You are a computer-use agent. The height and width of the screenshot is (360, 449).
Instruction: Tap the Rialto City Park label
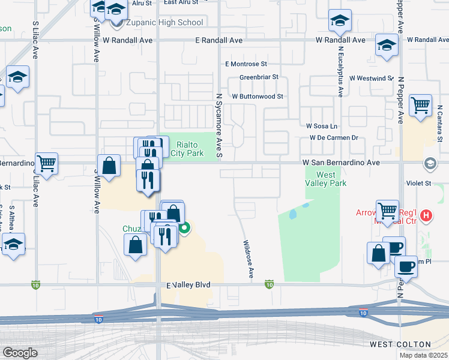pos(187,148)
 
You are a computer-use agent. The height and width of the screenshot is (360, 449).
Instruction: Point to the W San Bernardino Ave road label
pos(341,163)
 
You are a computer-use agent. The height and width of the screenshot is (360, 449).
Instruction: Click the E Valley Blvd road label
pos(188,285)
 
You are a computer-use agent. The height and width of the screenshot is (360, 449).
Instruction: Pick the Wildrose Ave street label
pos(247,259)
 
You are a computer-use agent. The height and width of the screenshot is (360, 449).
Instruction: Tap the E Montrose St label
pos(246,64)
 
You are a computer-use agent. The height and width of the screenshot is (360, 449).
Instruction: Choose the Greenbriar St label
pos(259,77)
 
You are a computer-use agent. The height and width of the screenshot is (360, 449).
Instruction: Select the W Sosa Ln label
pos(322,126)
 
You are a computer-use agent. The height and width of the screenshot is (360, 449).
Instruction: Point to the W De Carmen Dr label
pos(334,137)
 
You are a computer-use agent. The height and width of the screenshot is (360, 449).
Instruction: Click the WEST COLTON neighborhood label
pos(400,344)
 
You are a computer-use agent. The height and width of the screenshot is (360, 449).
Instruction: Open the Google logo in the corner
pos(20,353)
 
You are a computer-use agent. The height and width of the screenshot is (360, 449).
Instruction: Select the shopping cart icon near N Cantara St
pos(420,105)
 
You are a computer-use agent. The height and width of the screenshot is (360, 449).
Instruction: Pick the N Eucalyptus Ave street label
pos(340,71)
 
